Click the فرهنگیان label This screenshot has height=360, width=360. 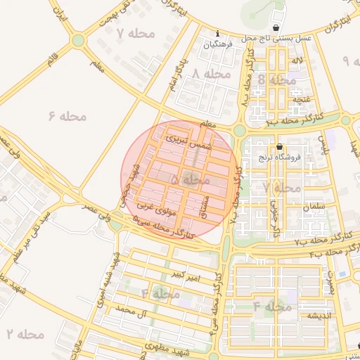click(x=218, y=44)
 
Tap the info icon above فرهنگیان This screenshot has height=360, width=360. click(x=218, y=33)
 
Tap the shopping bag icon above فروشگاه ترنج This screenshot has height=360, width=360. click(x=280, y=148)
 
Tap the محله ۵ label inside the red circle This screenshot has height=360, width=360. click(x=190, y=181)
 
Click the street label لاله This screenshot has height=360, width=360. click(x=297, y=63)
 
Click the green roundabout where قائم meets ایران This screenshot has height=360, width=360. click(x=77, y=41)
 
